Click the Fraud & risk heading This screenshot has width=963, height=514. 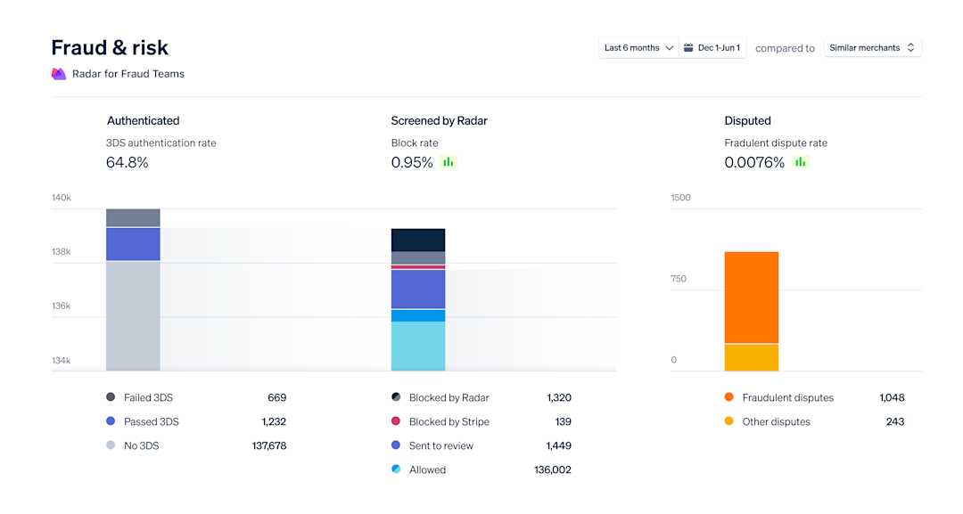110,47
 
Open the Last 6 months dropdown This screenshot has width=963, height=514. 638,48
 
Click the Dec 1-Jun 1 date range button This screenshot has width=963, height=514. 712,48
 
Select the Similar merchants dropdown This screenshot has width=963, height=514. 872,48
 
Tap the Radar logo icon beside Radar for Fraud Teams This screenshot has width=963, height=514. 59,74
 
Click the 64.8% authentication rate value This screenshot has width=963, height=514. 128,162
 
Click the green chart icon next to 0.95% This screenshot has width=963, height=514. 448,162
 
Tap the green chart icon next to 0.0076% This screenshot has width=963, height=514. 800,162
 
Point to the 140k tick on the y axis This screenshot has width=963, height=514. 62,198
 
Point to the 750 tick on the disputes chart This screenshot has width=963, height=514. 680,279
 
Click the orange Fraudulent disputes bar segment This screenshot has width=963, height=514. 751,297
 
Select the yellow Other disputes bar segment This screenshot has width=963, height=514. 751,357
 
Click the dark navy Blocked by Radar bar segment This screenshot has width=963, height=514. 417,240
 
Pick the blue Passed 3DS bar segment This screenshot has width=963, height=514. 133,244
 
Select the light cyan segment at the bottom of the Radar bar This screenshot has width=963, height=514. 417,346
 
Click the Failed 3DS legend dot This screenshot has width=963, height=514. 111,397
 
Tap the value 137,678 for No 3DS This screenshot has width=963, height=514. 268,445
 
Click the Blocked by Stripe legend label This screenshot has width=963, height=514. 449,421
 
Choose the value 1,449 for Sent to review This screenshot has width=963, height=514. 558,445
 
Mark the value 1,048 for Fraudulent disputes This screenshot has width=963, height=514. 891,397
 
